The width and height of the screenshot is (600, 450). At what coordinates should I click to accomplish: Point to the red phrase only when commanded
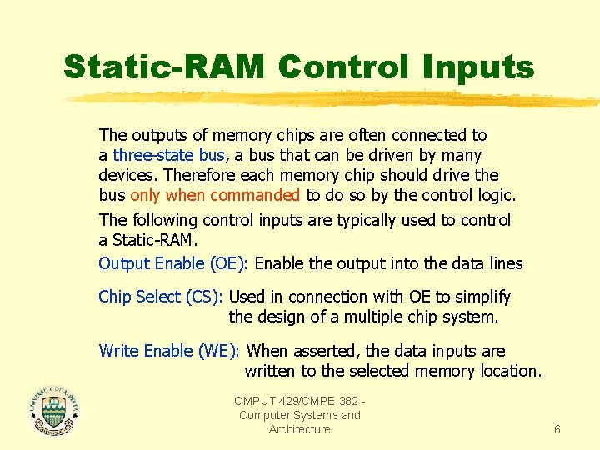coord(215,196)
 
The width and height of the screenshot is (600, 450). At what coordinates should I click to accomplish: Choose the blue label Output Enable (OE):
coord(172,264)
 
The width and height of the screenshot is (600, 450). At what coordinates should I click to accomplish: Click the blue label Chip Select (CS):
coord(160,297)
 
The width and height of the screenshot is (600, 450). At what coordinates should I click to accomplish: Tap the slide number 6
coord(557,429)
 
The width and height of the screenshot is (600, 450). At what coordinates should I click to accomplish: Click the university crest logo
coord(54,410)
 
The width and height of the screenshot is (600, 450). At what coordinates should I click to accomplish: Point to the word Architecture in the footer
coord(299,429)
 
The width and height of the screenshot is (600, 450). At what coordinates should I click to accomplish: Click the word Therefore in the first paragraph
coord(199,176)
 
